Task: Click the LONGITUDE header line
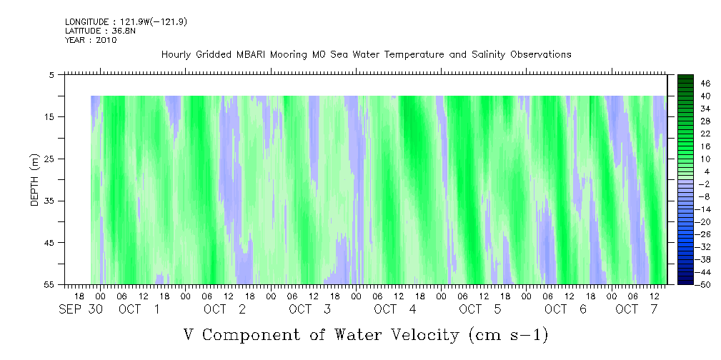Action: tap(126, 21)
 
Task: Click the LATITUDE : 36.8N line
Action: tap(100, 31)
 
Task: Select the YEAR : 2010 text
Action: tap(91, 40)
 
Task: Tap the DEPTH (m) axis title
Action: tap(35, 180)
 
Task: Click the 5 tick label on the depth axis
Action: tap(51, 74)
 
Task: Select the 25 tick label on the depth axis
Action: tap(49, 159)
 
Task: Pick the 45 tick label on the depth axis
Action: tap(49, 242)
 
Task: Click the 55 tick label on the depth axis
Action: tap(49, 284)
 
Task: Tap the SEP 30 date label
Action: tap(81, 309)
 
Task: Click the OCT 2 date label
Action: tap(225, 309)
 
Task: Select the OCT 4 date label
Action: tap(395, 309)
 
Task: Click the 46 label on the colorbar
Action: tap(705, 84)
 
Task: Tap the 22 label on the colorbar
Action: tap(705, 134)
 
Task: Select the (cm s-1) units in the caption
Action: tap(509, 336)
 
